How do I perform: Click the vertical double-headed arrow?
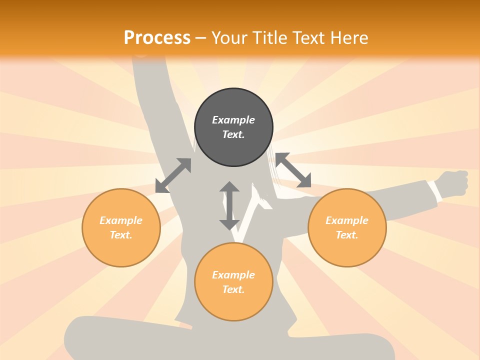[x=229, y=205]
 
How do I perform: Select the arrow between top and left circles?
[x=173, y=175]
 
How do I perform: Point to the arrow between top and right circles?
[x=293, y=170]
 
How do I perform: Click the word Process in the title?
[x=157, y=37]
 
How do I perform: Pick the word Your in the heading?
[x=229, y=37]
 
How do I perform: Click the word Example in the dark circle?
[x=233, y=120]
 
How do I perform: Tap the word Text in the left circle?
[x=121, y=235]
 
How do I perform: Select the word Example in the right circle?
[x=347, y=220]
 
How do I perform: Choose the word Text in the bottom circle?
[x=233, y=289]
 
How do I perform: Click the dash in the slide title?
[x=200, y=38]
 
